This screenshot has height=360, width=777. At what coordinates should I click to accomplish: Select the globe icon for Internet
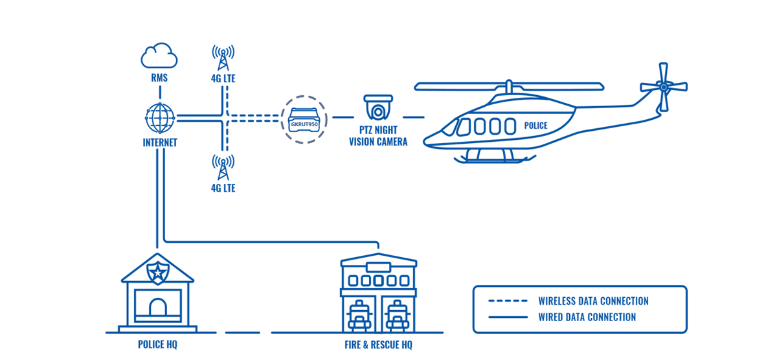click(160, 117)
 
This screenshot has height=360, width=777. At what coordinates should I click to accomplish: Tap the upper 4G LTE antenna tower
click(223, 58)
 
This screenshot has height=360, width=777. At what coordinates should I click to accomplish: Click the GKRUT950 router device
click(304, 119)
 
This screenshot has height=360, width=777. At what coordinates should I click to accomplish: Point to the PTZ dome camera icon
click(378, 107)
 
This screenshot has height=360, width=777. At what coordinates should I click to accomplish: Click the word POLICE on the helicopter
click(535, 126)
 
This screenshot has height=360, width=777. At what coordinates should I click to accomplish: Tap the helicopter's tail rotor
click(663, 86)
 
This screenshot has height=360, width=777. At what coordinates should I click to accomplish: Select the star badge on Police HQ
click(157, 272)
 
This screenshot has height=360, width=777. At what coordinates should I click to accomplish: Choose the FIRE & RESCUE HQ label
click(378, 344)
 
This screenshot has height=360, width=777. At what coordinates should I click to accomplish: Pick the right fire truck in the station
click(396, 316)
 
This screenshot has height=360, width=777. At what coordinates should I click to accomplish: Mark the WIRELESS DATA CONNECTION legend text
click(593, 301)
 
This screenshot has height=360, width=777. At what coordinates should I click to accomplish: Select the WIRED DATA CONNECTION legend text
click(587, 317)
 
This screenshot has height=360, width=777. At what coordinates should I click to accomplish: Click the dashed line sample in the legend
click(508, 301)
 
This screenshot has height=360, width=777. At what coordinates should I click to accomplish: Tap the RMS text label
click(159, 78)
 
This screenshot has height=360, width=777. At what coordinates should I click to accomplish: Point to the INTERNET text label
click(160, 142)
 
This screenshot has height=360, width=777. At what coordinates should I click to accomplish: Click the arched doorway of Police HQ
click(157, 307)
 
